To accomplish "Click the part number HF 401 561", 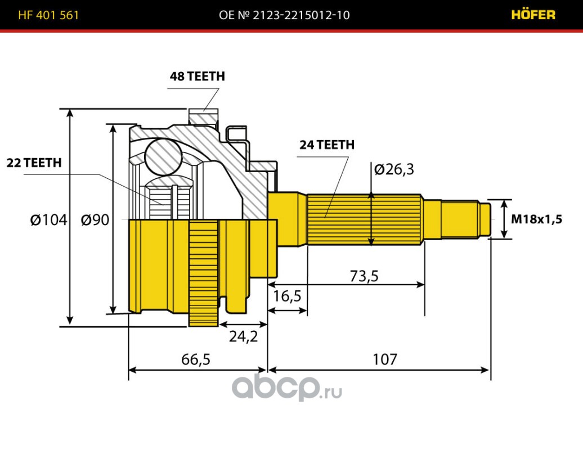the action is click(48, 15).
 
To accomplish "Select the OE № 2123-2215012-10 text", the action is click(284, 15).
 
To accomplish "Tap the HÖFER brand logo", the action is click(533, 15).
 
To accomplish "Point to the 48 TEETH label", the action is click(197, 76).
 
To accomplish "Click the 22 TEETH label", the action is click(34, 163).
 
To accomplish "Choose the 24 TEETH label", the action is click(326, 145).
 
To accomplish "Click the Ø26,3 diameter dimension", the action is click(394, 169).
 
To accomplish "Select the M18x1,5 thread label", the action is click(536, 219).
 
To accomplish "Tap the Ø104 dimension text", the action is click(48, 219).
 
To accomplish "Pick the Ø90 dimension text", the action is click(95, 219).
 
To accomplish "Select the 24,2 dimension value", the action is click(243, 336).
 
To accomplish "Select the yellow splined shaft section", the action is click(365, 219).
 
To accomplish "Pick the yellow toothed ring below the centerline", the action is click(203, 273).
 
